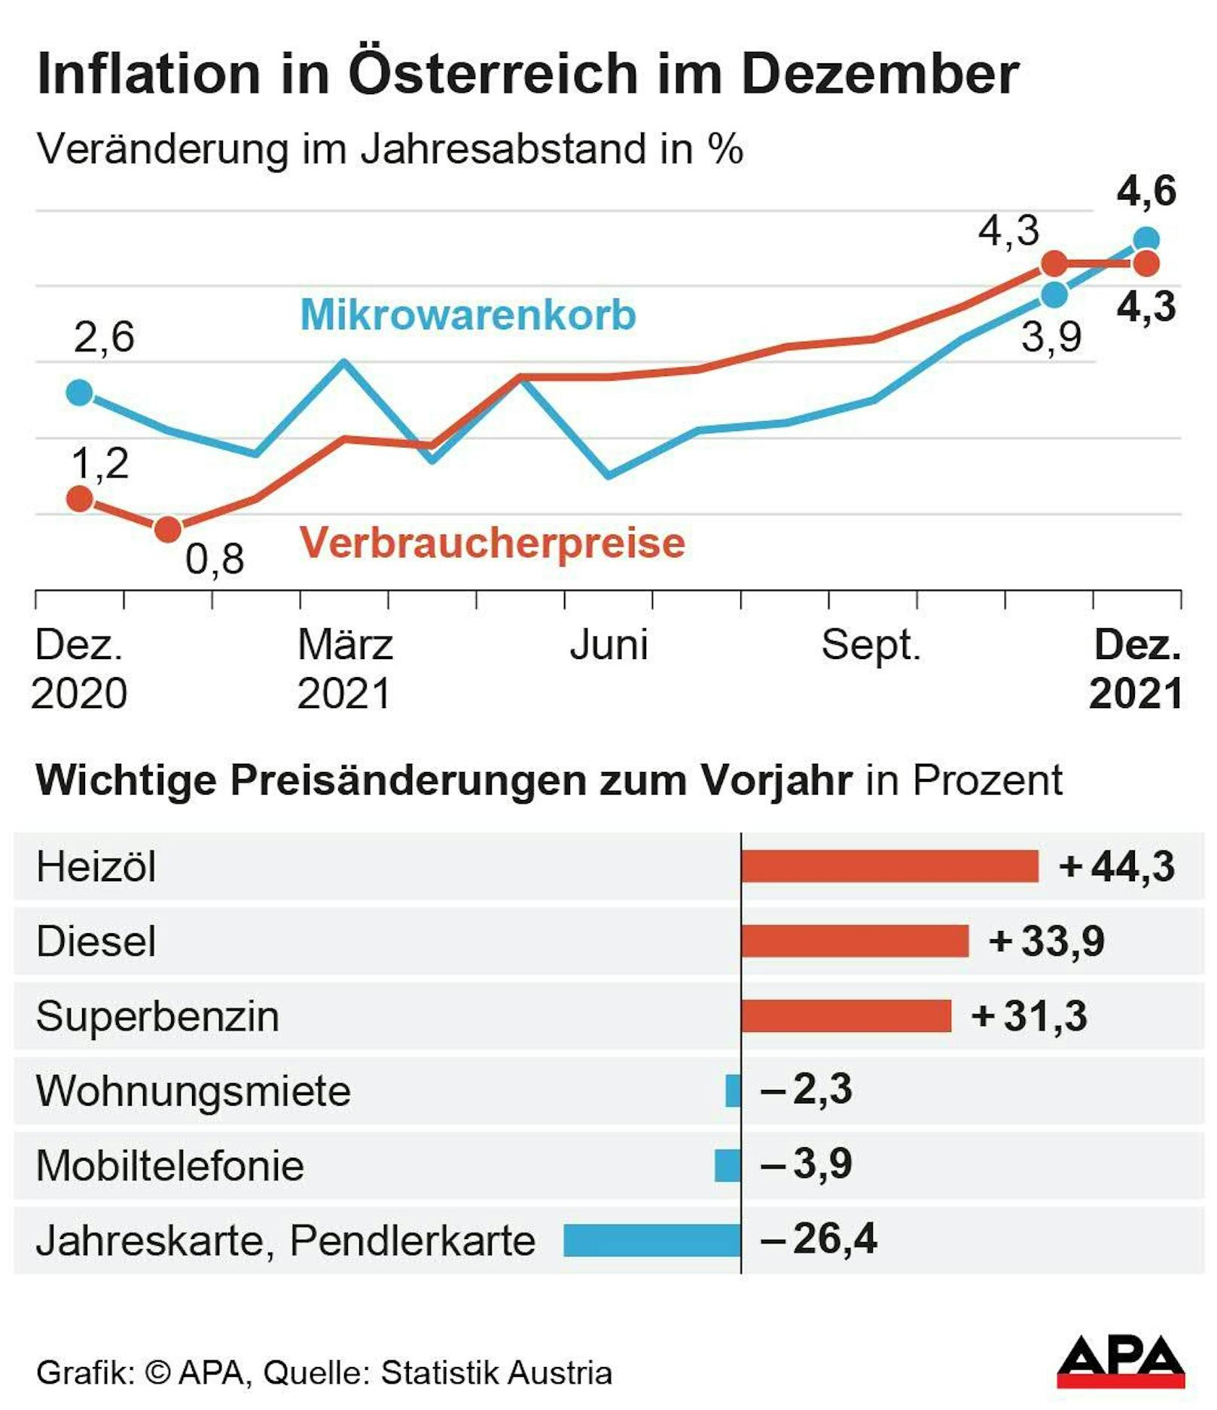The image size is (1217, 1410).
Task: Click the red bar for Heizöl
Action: click(889, 866)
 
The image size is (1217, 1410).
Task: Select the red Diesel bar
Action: click(855, 941)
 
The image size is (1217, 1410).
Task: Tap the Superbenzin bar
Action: click(846, 1015)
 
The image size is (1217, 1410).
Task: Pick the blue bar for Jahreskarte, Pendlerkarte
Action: click(652, 1240)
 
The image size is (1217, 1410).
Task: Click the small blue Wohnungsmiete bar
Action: click(733, 1091)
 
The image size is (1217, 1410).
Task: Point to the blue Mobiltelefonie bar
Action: click(727, 1165)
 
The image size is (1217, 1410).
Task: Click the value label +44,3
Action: click(1117, 866)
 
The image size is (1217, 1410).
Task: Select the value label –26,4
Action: click(819, 1239)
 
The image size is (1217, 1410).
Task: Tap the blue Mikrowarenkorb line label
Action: click(468, 315)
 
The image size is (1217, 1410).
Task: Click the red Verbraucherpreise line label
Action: click(493, 542)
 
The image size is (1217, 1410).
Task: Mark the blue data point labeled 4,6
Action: click(1146, 240)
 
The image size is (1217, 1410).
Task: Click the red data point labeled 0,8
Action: click(168, 530)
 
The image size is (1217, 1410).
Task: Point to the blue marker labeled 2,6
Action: click(80, 392)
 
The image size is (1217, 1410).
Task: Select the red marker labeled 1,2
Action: click(80, 499)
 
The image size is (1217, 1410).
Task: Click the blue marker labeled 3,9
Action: click(1054, 295)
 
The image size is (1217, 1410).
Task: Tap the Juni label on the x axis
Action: click(608, 645)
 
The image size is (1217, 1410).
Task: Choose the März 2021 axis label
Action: click(345, 669)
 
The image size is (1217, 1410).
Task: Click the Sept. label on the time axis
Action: click(871, 645)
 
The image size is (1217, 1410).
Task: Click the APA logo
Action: click(1121, 1362)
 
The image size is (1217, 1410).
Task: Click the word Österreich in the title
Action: click(493, 74)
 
